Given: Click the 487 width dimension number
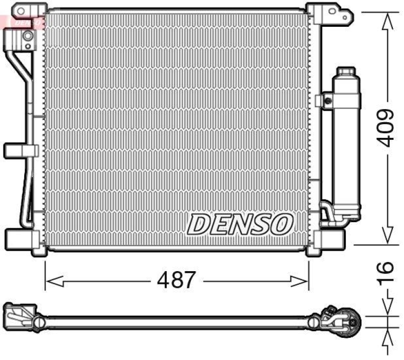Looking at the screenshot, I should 176,280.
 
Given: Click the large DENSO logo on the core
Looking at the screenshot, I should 241,223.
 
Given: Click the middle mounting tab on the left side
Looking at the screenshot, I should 21,150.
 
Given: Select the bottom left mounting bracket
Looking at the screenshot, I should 20,237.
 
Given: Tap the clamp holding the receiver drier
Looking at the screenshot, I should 324,99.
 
